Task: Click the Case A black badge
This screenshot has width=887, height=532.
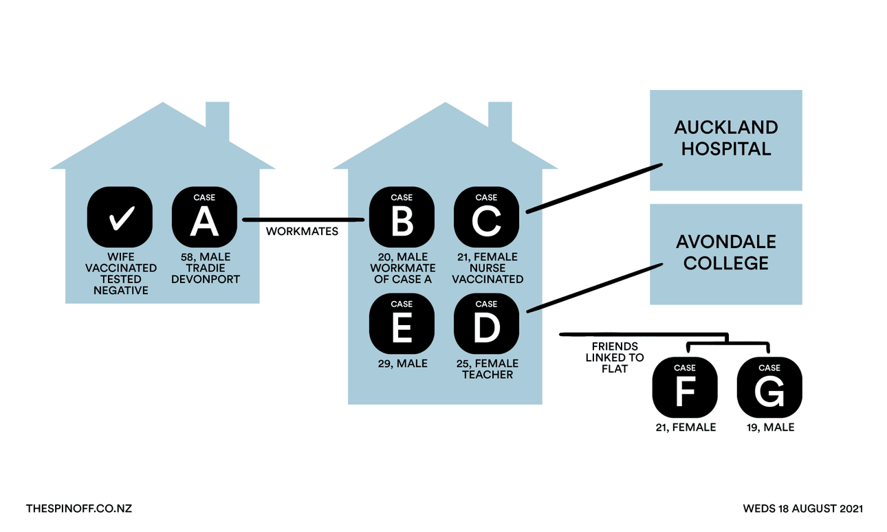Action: coord(204,218)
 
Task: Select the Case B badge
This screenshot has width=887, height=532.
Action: coord(402,218)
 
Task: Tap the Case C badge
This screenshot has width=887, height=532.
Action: coord(486,218)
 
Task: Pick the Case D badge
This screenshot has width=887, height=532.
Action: coord(486,324)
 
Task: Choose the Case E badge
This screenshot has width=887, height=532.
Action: coord(402,324)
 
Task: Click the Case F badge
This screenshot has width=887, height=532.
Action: coord(685,388)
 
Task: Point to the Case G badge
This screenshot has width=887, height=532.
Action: coord(769,388)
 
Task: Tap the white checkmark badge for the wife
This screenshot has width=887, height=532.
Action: coord(120,218)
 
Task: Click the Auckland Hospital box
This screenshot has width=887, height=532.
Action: coord(726,140)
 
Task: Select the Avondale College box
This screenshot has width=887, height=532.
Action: coord(726,254)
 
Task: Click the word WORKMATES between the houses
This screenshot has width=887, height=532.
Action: coord(302,232)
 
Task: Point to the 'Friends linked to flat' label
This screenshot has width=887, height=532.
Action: coord(615,357)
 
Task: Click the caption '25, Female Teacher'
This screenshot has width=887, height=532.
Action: coord(487,369)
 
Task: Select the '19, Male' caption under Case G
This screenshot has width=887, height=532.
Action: coord(769,428)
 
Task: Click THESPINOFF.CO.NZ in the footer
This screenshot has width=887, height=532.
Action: coord(78,509)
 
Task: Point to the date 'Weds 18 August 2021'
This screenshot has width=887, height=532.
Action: coord(802,509)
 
